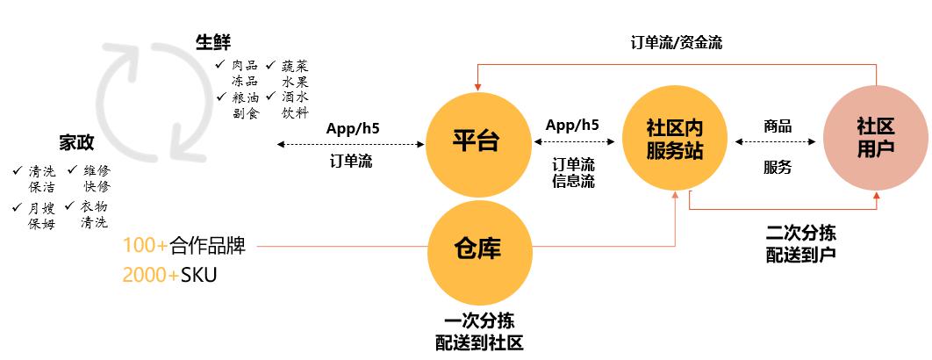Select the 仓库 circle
(477, 248)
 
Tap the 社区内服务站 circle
(674, 140)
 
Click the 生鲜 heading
(213, 43)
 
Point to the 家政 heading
(76, 143)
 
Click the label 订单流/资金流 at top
(677, 42)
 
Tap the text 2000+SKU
(169, 275)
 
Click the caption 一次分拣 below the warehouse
(478, 322)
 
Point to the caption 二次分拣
(799, 234)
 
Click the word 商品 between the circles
(778, 126)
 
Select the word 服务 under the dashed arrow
(778, 167)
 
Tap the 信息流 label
(573, 182)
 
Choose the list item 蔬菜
(295, 67)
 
